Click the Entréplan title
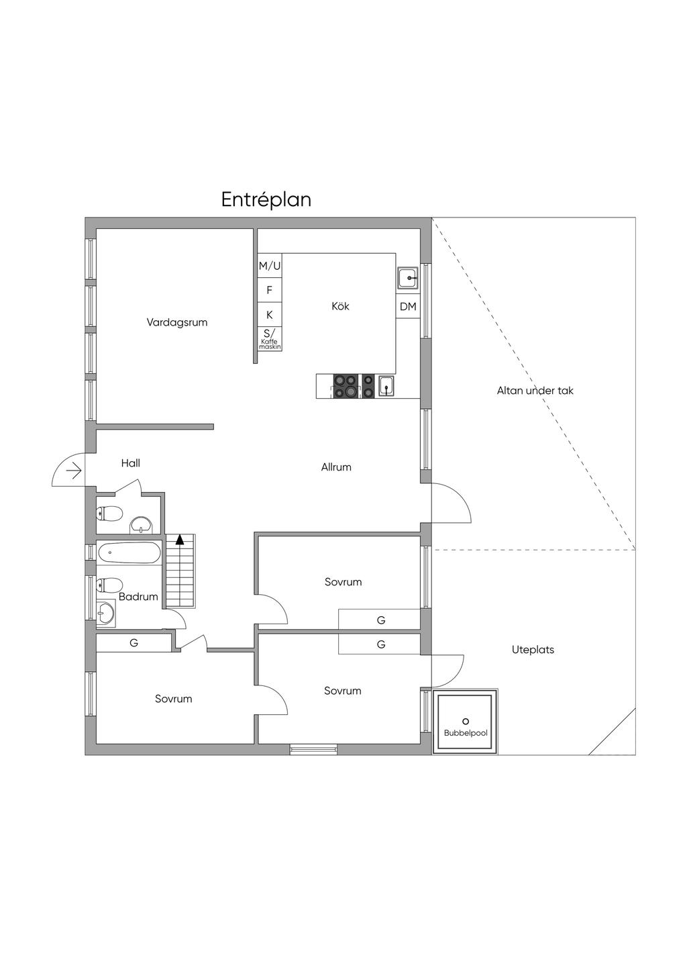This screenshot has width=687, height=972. coord(266,199)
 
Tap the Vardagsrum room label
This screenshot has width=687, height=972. coord(177,322)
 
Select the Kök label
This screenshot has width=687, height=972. coord(340,306)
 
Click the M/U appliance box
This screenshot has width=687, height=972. coord(270,266)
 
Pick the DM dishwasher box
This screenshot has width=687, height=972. coord(408,306)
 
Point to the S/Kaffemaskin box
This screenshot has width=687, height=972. coord(270,339)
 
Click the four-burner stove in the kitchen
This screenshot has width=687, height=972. coord(346,386)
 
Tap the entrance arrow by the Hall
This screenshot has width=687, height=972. coord(74,471)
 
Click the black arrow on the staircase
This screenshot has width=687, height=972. coord(180,540)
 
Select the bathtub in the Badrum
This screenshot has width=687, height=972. coord(129,552)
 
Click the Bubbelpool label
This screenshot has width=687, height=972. coord(466,733)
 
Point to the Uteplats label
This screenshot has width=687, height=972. coord(533,650)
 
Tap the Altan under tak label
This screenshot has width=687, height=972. coord(535,391)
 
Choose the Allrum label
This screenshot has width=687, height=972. coord(336,467)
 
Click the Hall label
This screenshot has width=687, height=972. coord(131,463)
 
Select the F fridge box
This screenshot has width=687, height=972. coord(270,290)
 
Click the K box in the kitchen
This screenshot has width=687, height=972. coord(270,315)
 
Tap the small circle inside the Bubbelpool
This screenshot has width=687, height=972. coord(466,721)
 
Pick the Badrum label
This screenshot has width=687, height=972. coord(138,597)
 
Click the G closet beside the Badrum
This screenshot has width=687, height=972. coord(134,642)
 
